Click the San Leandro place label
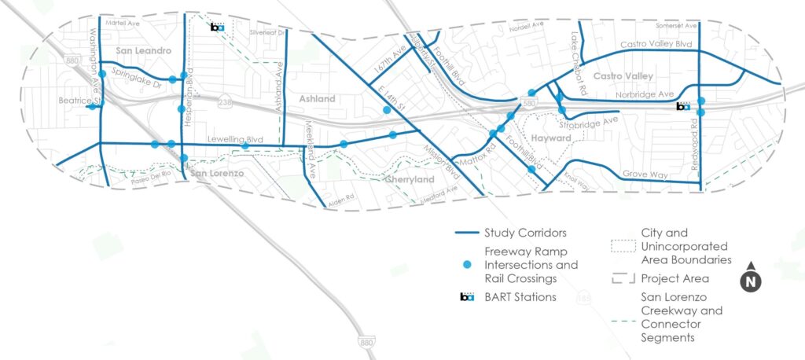tap(144, 51)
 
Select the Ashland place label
tap(318, 99)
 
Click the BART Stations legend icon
tap(468, 297)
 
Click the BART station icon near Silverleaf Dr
tap(217, 28)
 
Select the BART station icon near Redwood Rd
tap(684, 106)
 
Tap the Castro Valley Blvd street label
tap(654, 45)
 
